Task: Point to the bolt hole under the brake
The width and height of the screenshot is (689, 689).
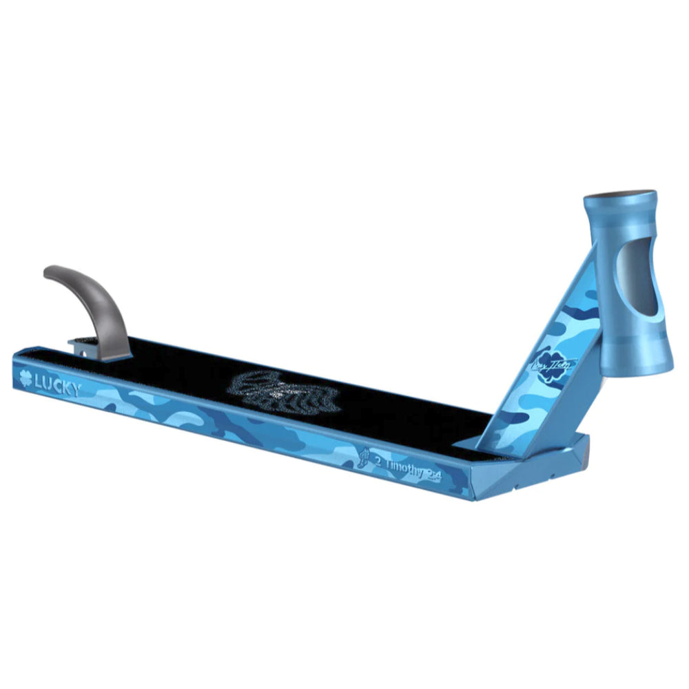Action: tap(85, 352)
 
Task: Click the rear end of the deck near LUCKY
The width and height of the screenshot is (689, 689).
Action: tap(17, 371)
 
